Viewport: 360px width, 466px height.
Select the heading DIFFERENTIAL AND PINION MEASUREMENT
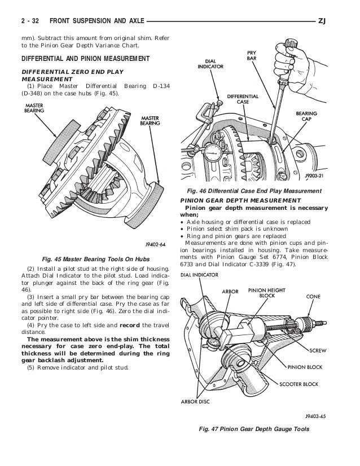coord(85,59)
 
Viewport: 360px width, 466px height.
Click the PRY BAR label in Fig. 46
coord(251,55)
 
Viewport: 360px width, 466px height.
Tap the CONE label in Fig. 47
coord(314,295)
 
